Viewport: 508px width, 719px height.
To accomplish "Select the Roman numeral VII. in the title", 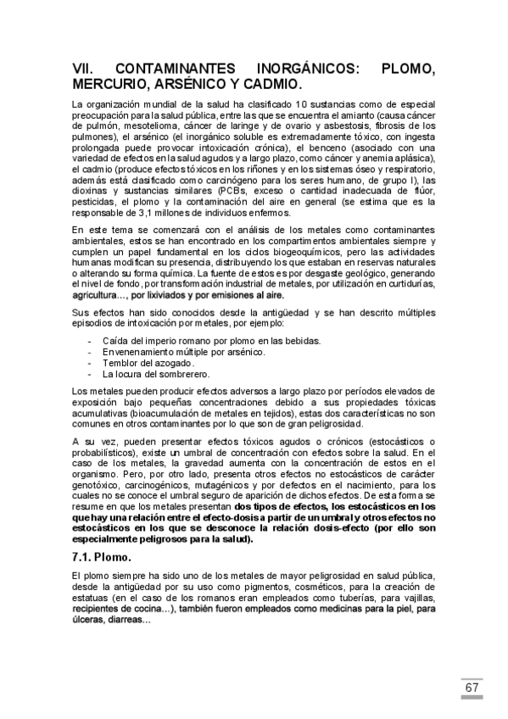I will (87, 69).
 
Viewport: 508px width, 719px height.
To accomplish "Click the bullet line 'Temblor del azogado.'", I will (148, 363).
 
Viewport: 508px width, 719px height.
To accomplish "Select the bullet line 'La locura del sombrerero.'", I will (156, 374).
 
